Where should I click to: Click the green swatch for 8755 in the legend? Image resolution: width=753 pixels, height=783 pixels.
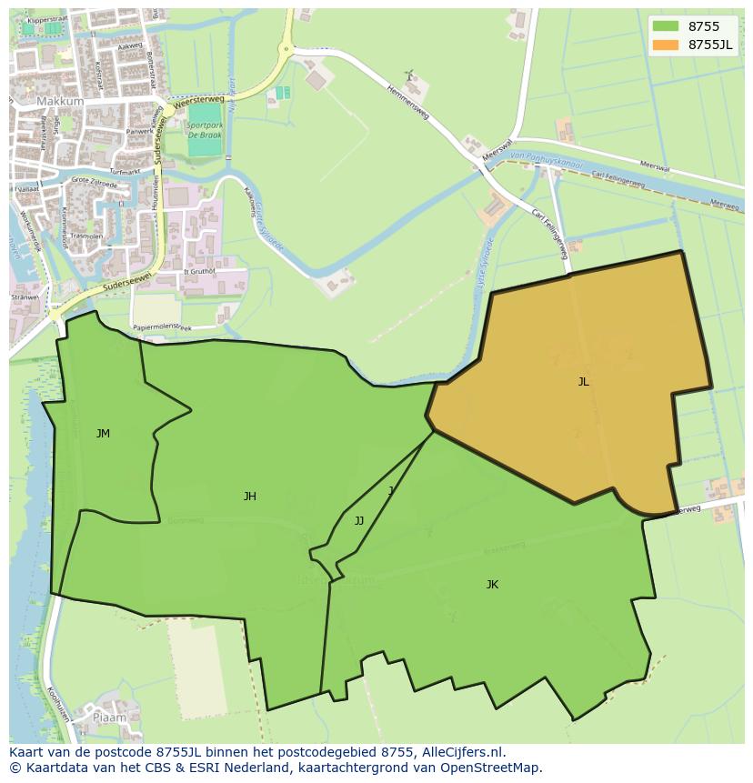tap(665, 26)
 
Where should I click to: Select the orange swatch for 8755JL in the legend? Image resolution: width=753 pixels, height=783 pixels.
tap(665, 45)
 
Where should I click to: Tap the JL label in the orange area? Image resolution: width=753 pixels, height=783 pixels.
tap(583, 382)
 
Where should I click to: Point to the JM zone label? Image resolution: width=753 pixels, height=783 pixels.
tap(103, 434)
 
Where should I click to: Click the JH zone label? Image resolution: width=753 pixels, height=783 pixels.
tap(249, 497)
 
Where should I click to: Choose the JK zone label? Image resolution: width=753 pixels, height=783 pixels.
tap(492, 585)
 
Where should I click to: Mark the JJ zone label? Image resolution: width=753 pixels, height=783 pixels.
tap(359, 521)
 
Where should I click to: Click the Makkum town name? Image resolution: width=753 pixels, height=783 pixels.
tap(60, 102)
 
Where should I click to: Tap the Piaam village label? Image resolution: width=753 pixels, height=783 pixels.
tap(110, 718)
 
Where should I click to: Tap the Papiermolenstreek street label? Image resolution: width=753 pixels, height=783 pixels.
tap(162, 327)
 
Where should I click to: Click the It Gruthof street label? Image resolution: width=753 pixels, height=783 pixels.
tap(199, 271)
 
